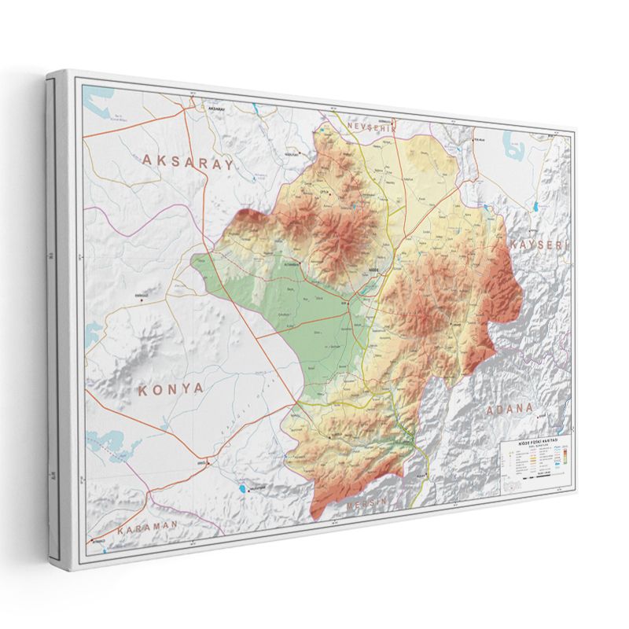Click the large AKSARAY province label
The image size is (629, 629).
[x=188, y=162]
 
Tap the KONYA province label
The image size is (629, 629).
[x=171, y=388]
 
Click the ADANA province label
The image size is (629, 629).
[x=509, y=410]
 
